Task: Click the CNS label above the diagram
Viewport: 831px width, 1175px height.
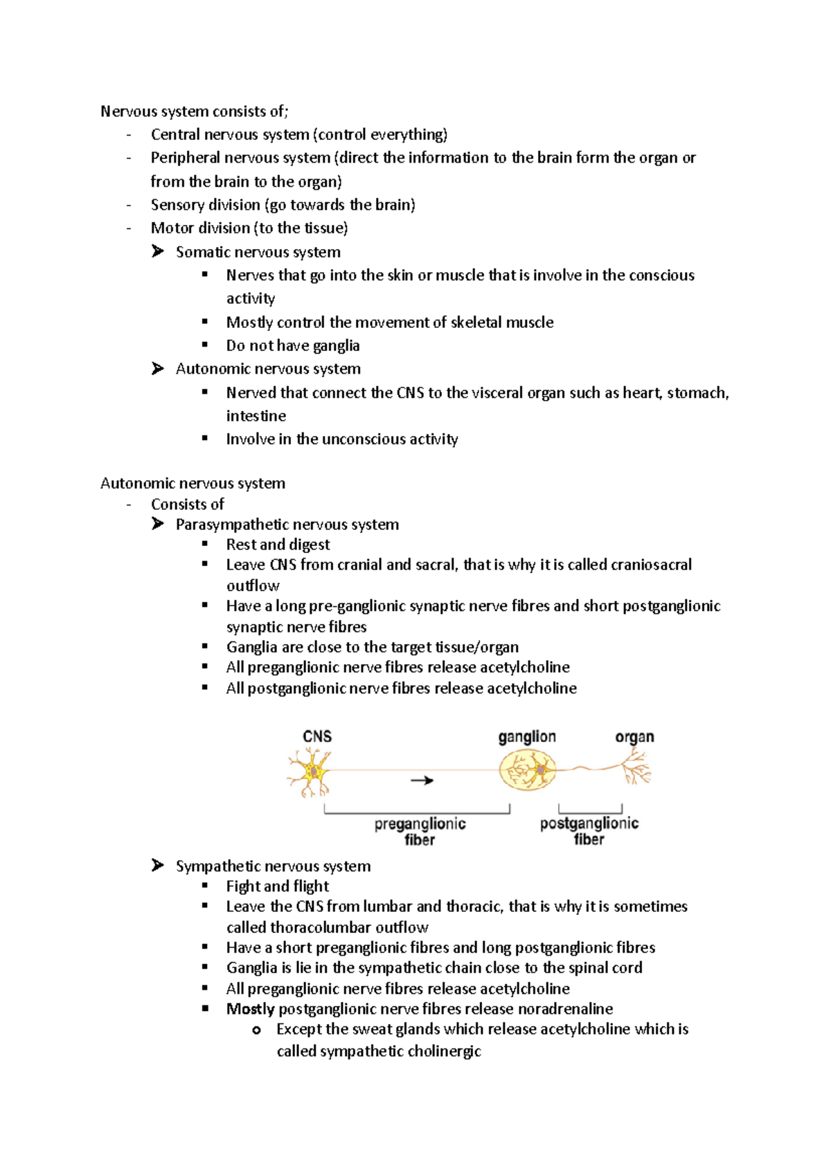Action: (x=317, y=736)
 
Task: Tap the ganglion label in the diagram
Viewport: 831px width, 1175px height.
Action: (x=527, y=737)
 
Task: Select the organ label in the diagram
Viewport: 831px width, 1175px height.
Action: (x=634, y=737)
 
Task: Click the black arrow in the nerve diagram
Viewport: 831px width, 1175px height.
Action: (x=422, y=781)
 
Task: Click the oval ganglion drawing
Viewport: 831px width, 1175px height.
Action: (x=528, y=770)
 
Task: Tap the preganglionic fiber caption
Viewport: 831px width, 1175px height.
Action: (x=420, y=831)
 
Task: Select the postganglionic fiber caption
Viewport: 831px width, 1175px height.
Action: (x=589, y=830)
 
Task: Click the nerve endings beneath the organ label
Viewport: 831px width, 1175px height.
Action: (x=636, y=767)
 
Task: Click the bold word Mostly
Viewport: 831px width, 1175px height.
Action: (x=250, y=1009)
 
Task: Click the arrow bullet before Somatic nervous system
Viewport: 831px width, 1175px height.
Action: (x=158, y=251)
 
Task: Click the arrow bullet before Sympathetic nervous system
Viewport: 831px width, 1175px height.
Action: (x=158, y=865)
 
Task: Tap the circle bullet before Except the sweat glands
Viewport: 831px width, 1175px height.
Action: (x=256, y=1030)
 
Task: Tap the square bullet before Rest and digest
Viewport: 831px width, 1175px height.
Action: (x=205, y=544)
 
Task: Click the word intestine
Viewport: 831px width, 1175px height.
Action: (x=256, y=416)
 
